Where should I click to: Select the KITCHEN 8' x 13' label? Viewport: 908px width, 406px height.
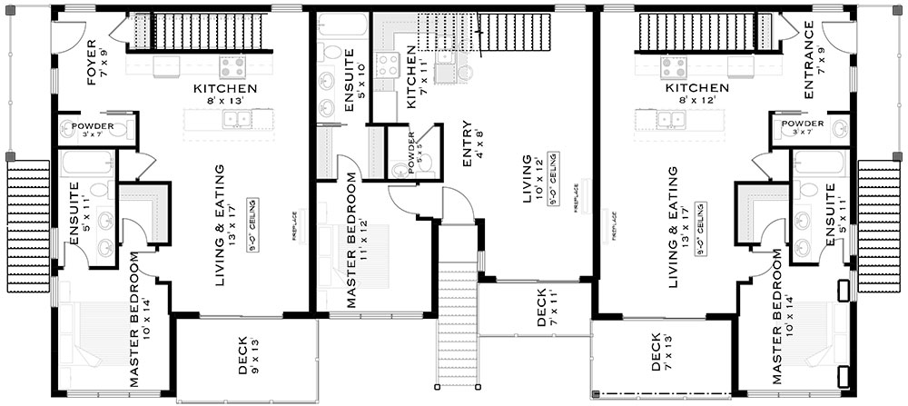pos(225,94)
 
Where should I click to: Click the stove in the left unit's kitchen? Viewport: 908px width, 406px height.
pos(232,66)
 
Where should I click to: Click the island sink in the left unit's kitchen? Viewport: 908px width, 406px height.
pos(242,119)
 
